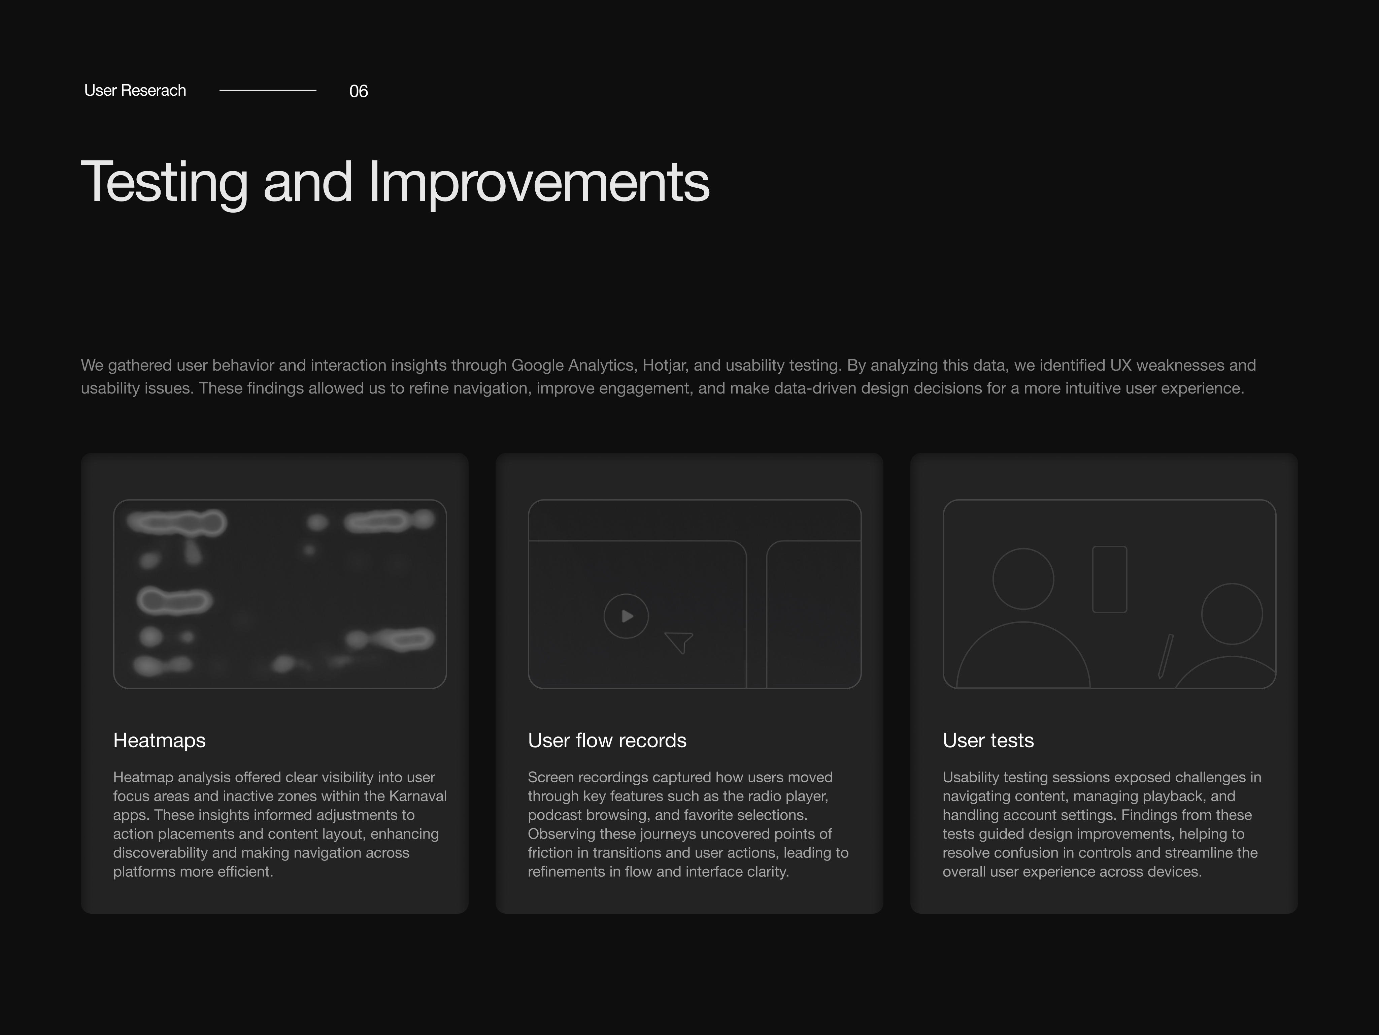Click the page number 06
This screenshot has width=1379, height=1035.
point(359,91)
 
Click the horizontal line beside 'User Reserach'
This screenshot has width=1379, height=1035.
point(268,90)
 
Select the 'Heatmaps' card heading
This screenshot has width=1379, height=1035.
point(160,741)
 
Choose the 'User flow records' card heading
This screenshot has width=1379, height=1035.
point(607,741)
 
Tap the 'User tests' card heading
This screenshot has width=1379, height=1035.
point(988,741)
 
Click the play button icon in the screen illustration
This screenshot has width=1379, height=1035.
point(627,616)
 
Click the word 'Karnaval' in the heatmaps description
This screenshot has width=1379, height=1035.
point(418,797)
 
